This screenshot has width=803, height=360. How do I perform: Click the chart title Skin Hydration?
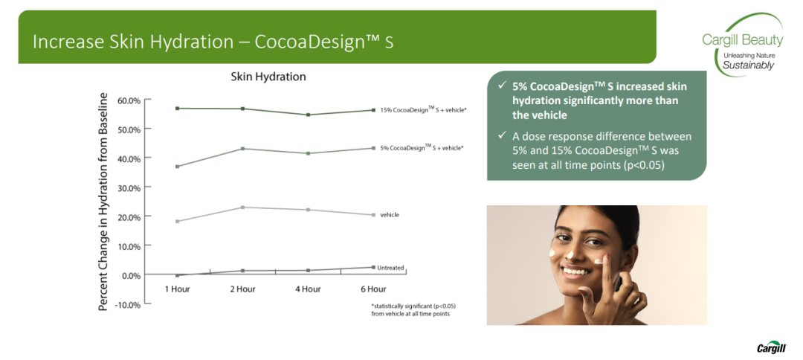(268, 77)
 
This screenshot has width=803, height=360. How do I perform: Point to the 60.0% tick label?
(128, 100)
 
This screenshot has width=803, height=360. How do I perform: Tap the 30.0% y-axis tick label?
(128, 188)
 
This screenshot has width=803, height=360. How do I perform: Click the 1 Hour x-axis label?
(177, 289)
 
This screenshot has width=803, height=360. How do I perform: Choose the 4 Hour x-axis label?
(308, 289)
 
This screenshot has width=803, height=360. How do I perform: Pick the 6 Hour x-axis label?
(373, 289)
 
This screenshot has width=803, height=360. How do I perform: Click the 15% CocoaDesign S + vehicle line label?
(423, 109)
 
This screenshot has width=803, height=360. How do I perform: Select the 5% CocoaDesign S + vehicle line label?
(422, 147)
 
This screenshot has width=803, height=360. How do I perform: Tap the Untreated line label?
(390, 267)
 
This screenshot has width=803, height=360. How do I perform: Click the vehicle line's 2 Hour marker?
(242, 208)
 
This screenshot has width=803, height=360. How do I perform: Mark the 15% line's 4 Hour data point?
(308, 115)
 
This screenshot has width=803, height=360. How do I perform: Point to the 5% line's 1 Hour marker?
(177, 167)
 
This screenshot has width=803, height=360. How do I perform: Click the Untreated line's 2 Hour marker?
(242, 271)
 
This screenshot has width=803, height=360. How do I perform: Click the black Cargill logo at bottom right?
(771, 348)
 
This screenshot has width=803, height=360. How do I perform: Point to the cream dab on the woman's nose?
(570, 254)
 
